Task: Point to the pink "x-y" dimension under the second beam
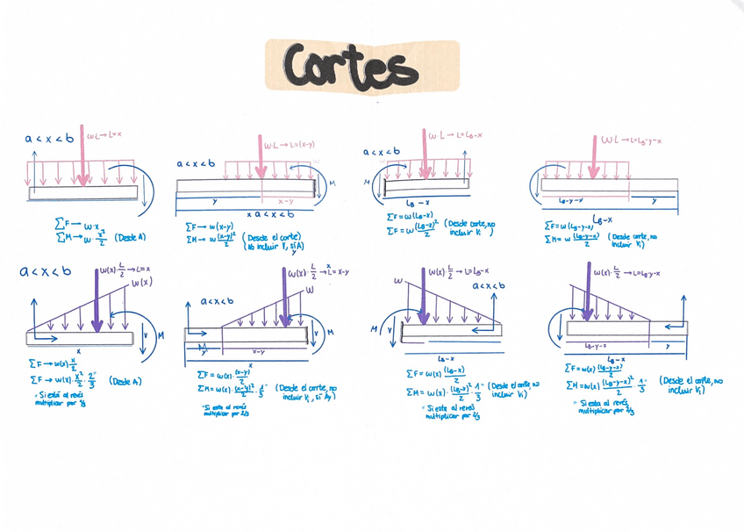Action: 286,201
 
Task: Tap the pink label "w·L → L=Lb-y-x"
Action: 632,140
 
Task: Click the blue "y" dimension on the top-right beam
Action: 655,202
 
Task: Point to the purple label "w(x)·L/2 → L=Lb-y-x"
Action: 627,273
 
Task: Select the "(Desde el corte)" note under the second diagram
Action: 271,237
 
